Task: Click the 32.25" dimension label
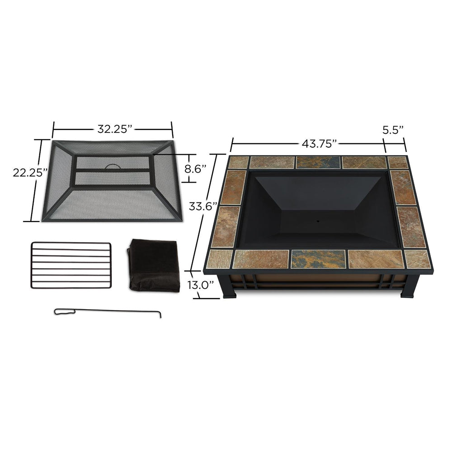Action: click(x=114, y=129)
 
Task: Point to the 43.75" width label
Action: click(x=320, y=144)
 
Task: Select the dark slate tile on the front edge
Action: click(x=318, y=259)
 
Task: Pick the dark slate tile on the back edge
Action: click(x=318, y=162)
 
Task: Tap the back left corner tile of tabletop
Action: click(x=238, y=162)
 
